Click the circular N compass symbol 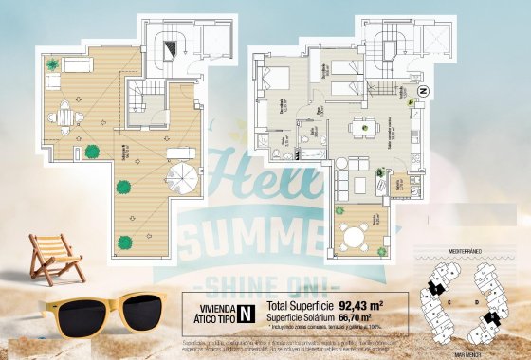[x=423, y=91]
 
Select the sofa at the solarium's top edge [x=76, y=63]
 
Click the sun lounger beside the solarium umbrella [x=177, y=153]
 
